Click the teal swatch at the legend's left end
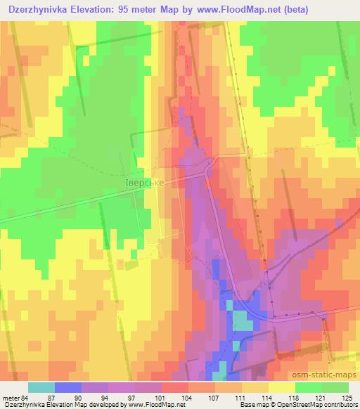(41, 387)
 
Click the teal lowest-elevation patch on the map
(241, 321)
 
